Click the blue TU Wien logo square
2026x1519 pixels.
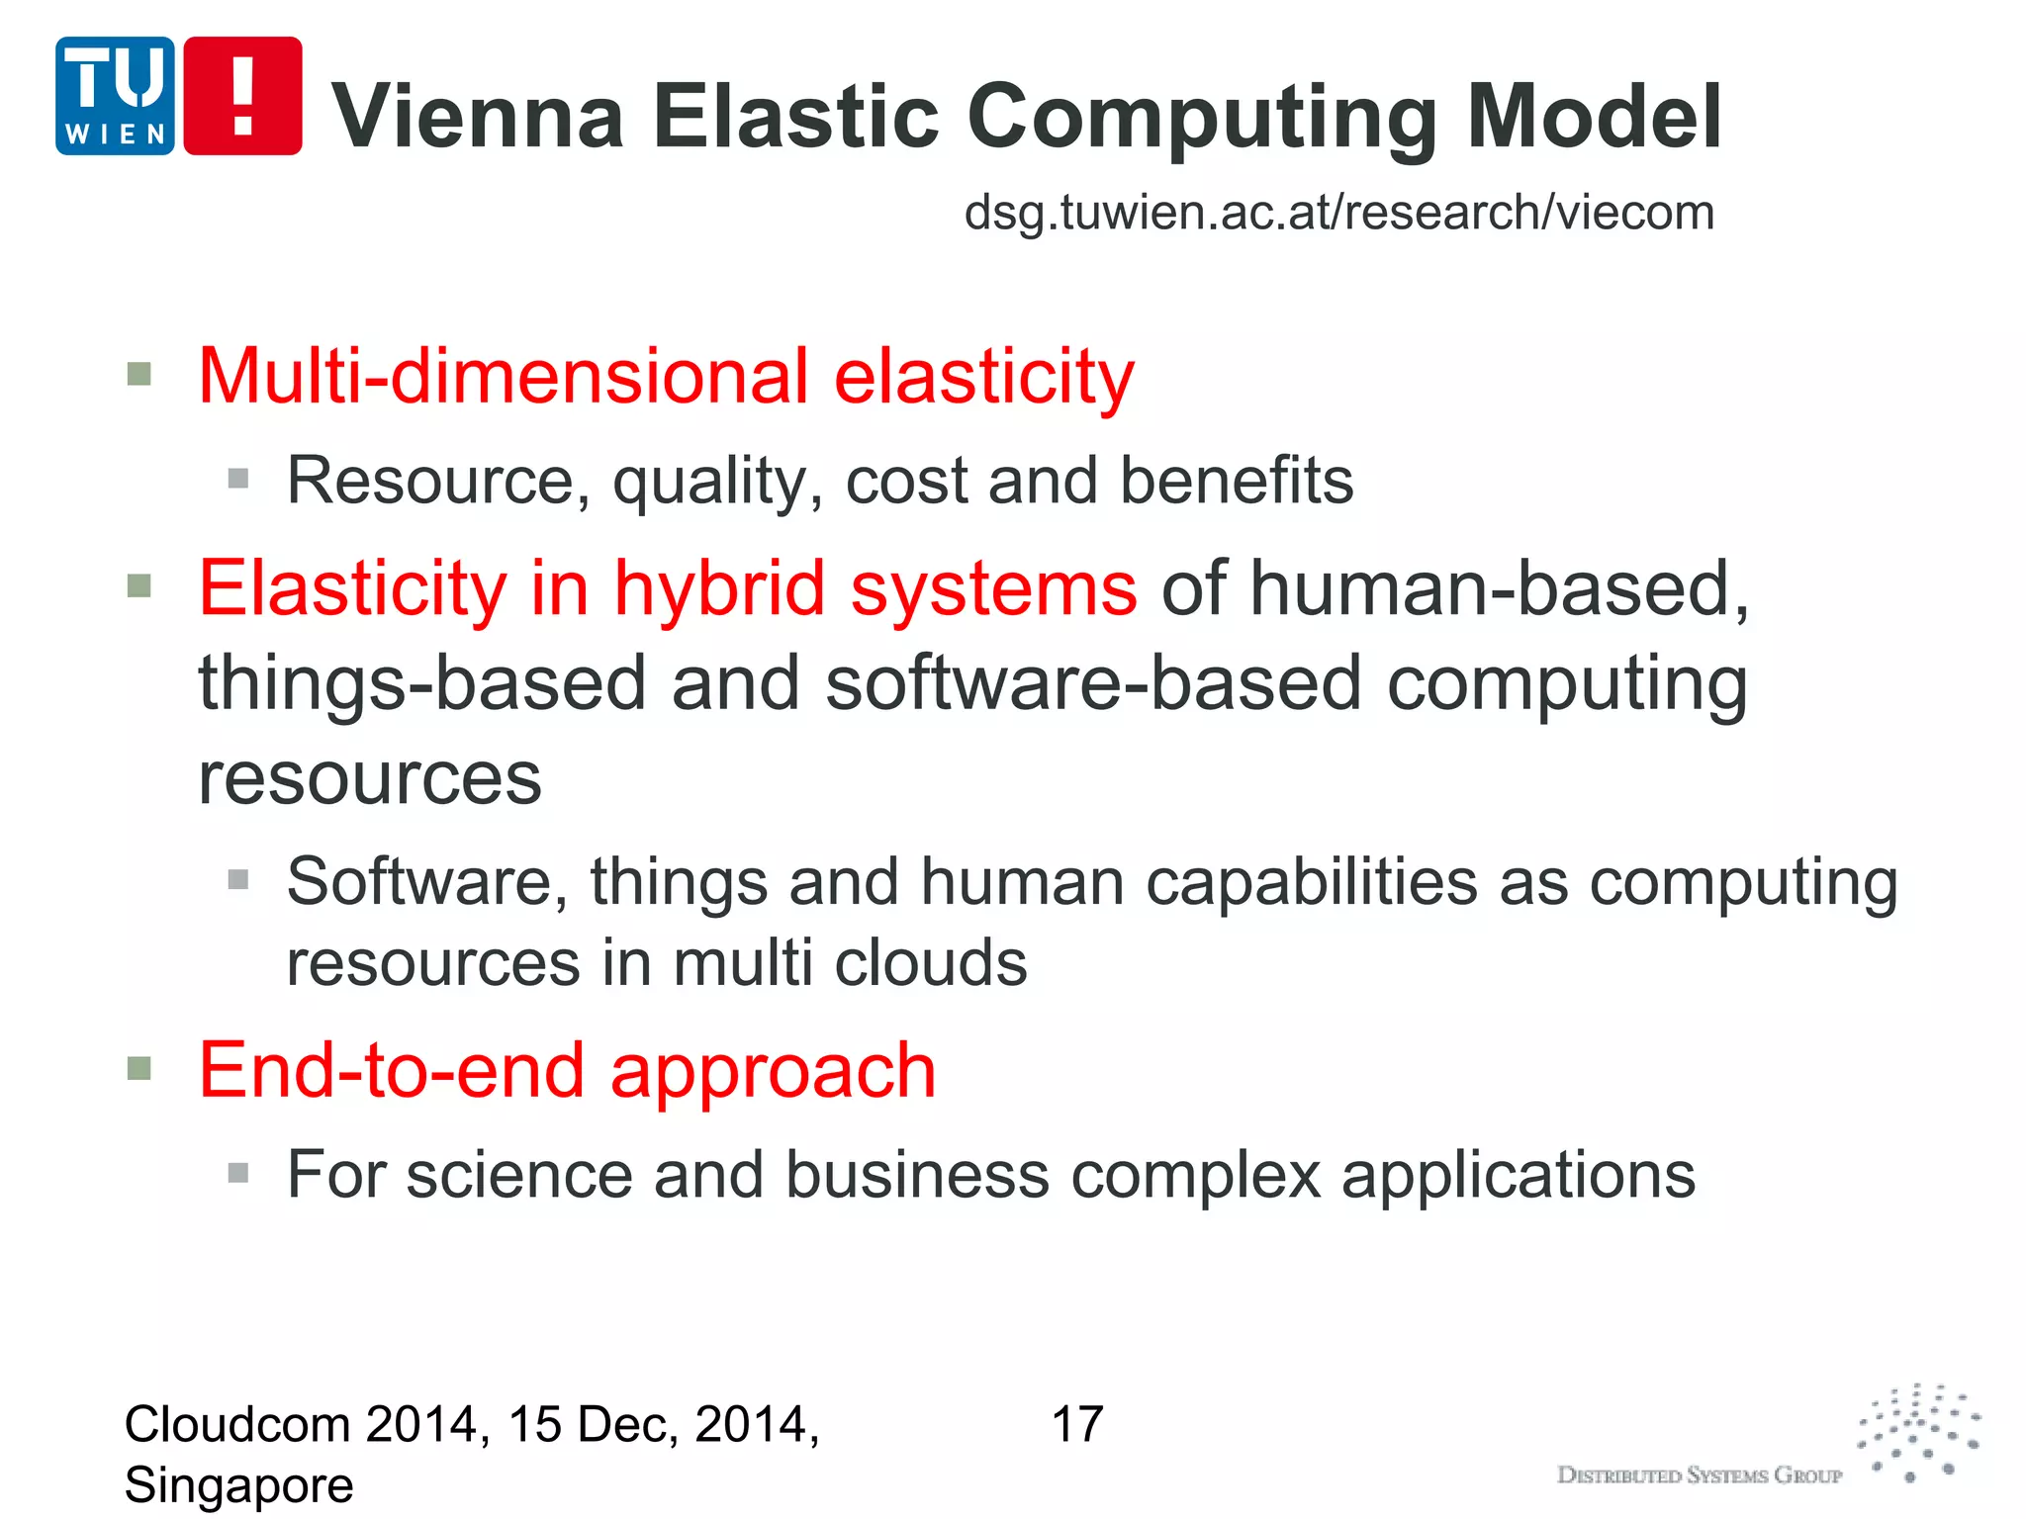(115, 96)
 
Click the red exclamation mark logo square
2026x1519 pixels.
(243, 96)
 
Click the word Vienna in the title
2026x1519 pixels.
(478, 117)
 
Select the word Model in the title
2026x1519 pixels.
(1595, 117)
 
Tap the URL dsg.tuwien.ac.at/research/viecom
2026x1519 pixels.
(1338, 213)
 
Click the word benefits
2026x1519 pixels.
(1237, 481)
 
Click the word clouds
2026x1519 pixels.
(930, 963)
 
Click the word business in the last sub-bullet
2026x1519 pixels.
(917, 1175)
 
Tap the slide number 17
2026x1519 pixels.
(1077, 1425)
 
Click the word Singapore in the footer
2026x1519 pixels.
(238, 1485)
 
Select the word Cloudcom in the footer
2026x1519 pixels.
(237, 1425)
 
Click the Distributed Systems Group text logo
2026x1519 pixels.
(1699, 1475)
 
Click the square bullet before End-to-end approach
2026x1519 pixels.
(139, 1069)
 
